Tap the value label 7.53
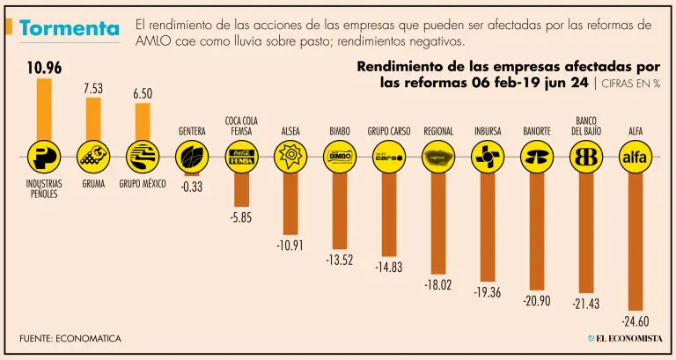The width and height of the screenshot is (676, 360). pyautogui.click(x=92, y=87)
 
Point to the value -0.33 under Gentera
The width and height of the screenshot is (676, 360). pyautogui.click(x=191, y=187)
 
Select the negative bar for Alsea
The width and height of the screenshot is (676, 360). pyautogui.click(x=290, y=202)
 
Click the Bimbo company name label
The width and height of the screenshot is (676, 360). pyautogui.click(x=340, y=132)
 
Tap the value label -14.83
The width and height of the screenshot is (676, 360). pyautogui.click(x=389, y=267)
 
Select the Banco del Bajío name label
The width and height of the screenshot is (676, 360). pyautogui.click(x=586, y=126)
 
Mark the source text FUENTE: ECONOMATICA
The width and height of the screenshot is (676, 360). pyautogui.click(x=70, y=339)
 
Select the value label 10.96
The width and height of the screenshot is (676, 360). pyautogui.click(x=43, y=67)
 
